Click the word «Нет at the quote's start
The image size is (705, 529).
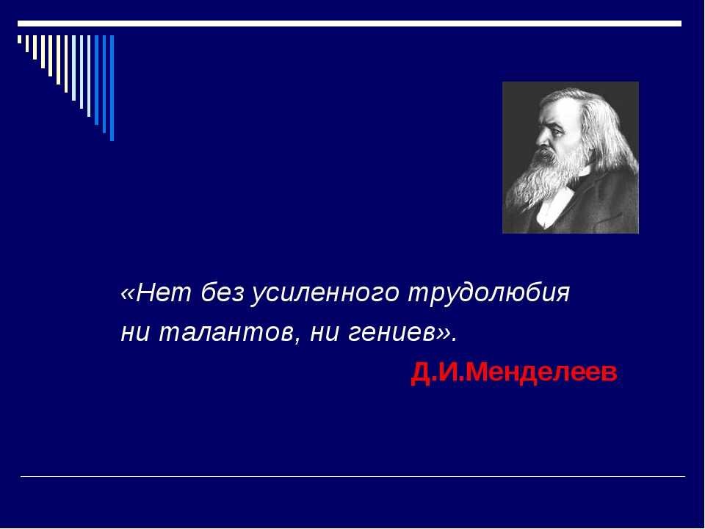pos(151,293)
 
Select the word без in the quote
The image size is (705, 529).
pos(218,293)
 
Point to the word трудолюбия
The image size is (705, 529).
pos(489,294)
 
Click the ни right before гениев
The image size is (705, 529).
pos(324,333)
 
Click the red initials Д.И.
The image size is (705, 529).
pos(438,373)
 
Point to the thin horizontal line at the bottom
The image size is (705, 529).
pos(352,477)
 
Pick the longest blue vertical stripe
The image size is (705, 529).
pos(112,87)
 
